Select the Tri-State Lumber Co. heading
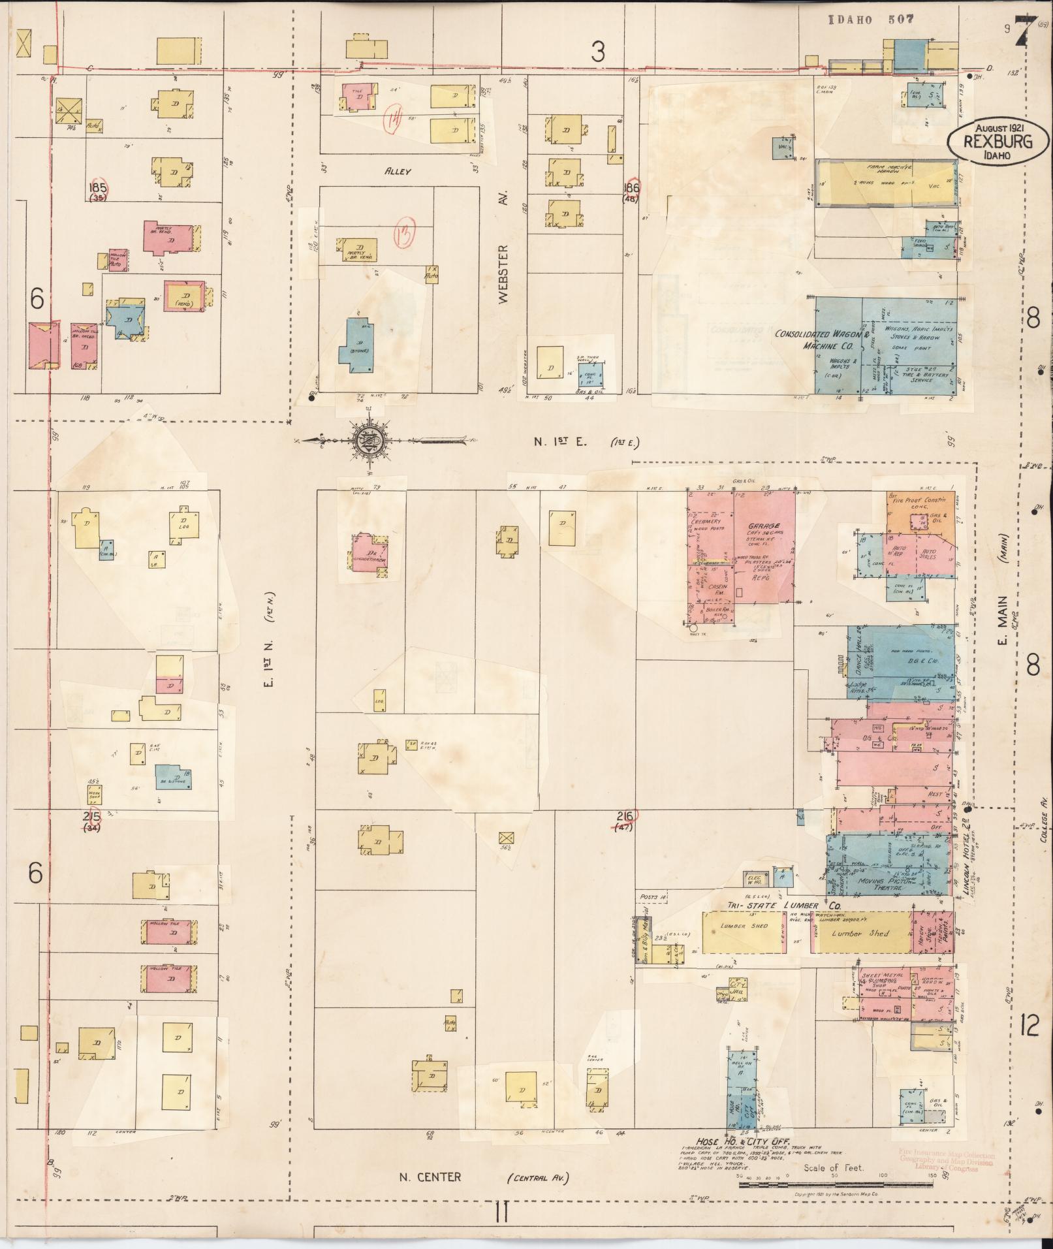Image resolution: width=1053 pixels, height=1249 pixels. tap(783, 906)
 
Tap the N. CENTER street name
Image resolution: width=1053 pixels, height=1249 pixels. tap(430, 1177)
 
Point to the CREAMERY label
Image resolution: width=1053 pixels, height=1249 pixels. tap(707, 521)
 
